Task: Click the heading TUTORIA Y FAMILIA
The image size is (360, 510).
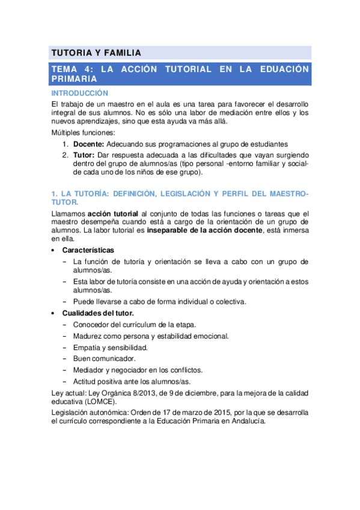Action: tap(96, 52)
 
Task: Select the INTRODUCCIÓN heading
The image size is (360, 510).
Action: tap(79, 93)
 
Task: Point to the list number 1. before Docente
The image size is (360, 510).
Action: tap(66, 144)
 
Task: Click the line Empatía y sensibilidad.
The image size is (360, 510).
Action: tap(110, 348)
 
